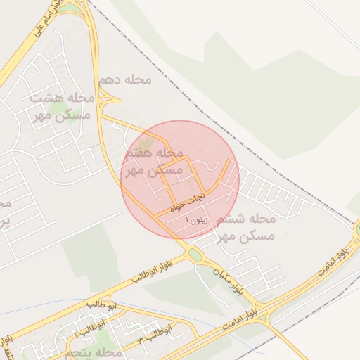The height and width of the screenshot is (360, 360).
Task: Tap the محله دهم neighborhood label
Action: click(124, 79)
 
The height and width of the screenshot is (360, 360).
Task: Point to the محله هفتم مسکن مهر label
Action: click(153, 162)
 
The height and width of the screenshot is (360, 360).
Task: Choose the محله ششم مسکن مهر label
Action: click(245, 227)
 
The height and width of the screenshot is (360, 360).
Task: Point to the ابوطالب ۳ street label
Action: click(154, 340)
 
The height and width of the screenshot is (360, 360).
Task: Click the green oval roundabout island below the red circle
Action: click(195, 254)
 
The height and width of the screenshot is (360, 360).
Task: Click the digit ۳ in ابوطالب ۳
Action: click(140, 339)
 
